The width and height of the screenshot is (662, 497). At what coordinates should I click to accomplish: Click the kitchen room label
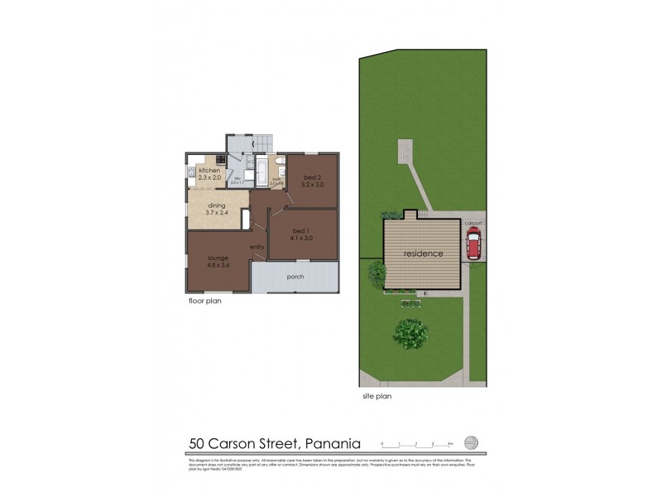tap(209, 171)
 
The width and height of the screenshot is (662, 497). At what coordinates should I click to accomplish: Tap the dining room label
tap(216, 205)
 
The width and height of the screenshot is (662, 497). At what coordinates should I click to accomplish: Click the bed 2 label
tap(311, 177)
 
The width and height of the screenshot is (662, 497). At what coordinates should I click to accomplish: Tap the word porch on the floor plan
tap(295, 277)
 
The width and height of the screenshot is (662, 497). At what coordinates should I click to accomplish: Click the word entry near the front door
tap(257, 247)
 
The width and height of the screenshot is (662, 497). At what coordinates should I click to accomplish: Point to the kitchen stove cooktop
tap(221, 158)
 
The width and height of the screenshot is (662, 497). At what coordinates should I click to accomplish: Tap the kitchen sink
tap(190, 173)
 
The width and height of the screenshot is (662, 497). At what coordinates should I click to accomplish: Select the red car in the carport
tap(474, 246)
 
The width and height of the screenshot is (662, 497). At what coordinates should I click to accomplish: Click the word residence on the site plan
tap(423, 253)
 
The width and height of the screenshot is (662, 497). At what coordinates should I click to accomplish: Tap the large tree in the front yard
tap(408, 332)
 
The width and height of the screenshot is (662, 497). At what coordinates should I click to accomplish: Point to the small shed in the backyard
tap(405, 151)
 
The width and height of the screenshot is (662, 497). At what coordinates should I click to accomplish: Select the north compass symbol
tap(472, 442)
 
